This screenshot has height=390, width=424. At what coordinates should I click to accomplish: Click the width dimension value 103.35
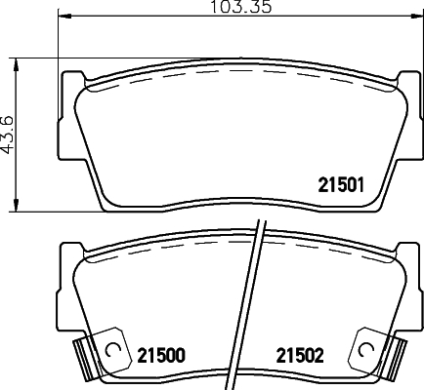tap(241, 7)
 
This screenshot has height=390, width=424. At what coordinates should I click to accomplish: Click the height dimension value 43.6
tap(7, 134)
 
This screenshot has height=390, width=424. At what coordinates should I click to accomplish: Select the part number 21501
tap(341, 185)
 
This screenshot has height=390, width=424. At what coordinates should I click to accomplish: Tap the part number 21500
tap(161, 355)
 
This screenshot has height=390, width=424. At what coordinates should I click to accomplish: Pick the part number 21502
tap(300, 355)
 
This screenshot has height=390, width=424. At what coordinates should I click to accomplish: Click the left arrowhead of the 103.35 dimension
tap(64, 16)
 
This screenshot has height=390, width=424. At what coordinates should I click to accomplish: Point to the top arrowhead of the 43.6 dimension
tap(16, 65)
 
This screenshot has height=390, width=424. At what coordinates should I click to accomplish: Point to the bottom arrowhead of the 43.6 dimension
tap(16, 206)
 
